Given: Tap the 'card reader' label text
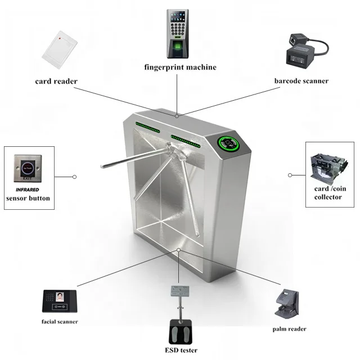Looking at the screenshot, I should [56, 81].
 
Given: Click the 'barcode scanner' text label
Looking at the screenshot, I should [301, 81].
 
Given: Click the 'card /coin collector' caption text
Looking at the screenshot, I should [328, 193].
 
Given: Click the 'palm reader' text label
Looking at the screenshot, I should [289, 328].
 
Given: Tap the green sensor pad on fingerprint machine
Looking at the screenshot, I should [179, 47].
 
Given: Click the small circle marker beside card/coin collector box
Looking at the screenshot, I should [290, 175].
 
